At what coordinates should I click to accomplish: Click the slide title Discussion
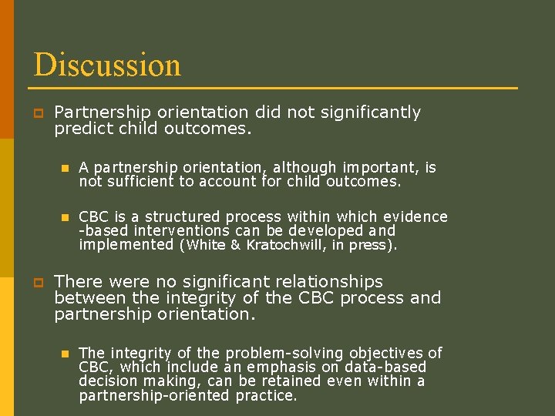(107, 65)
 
